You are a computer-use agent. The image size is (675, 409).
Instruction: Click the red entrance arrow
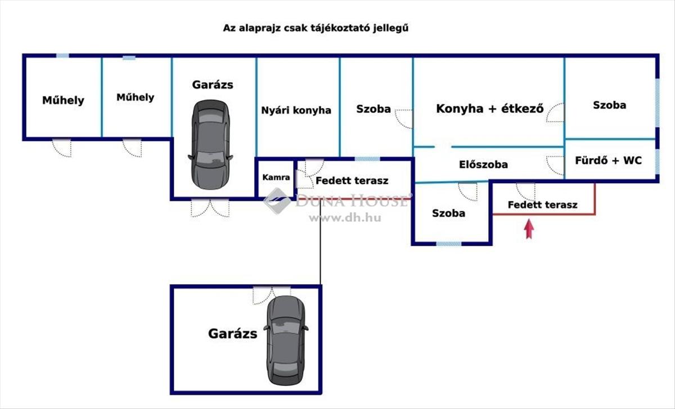[528, 230]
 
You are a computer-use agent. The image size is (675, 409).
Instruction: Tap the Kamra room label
[277, 177]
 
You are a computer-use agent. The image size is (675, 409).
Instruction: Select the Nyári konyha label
[296, 110]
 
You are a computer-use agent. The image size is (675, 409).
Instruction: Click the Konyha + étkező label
[489, 109]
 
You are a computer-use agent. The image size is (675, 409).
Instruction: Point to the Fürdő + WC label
[608, 160]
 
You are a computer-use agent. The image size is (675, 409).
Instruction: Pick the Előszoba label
[483, 164]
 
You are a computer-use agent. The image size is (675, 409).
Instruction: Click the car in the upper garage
[210, 143]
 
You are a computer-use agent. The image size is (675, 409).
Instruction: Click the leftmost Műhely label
[63, 100]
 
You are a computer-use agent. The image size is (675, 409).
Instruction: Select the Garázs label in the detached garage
[232, 333]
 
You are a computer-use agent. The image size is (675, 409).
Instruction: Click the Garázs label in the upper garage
[212, 85]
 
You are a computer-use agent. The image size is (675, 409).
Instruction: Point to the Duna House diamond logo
[277, 201]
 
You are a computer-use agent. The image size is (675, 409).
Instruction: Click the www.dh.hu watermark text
[344, 218]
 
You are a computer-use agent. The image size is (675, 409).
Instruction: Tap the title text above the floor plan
[315, 28]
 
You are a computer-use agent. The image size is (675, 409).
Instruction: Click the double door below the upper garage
[210, 208]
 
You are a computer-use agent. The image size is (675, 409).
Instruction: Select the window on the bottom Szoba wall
[449, 244]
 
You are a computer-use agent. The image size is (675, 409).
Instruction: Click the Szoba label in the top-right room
[609, 105]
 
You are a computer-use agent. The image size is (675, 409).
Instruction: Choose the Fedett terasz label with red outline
[542, 205]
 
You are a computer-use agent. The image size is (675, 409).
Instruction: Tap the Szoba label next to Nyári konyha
[373, 109]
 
